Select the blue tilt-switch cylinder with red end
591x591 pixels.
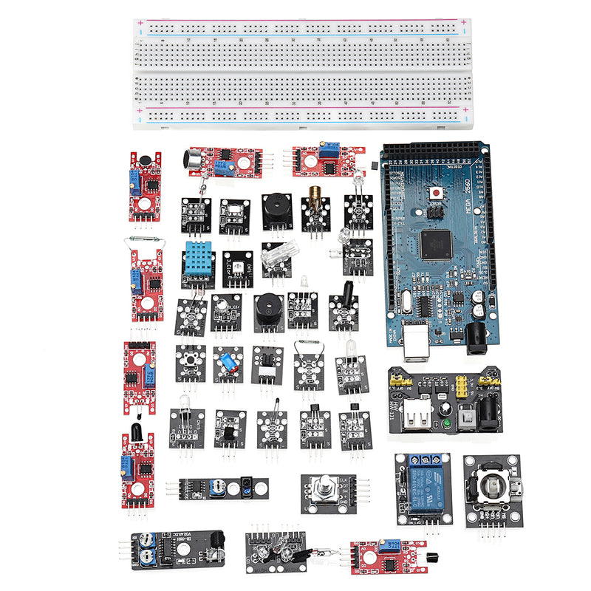226,363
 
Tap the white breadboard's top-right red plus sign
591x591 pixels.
463,22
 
